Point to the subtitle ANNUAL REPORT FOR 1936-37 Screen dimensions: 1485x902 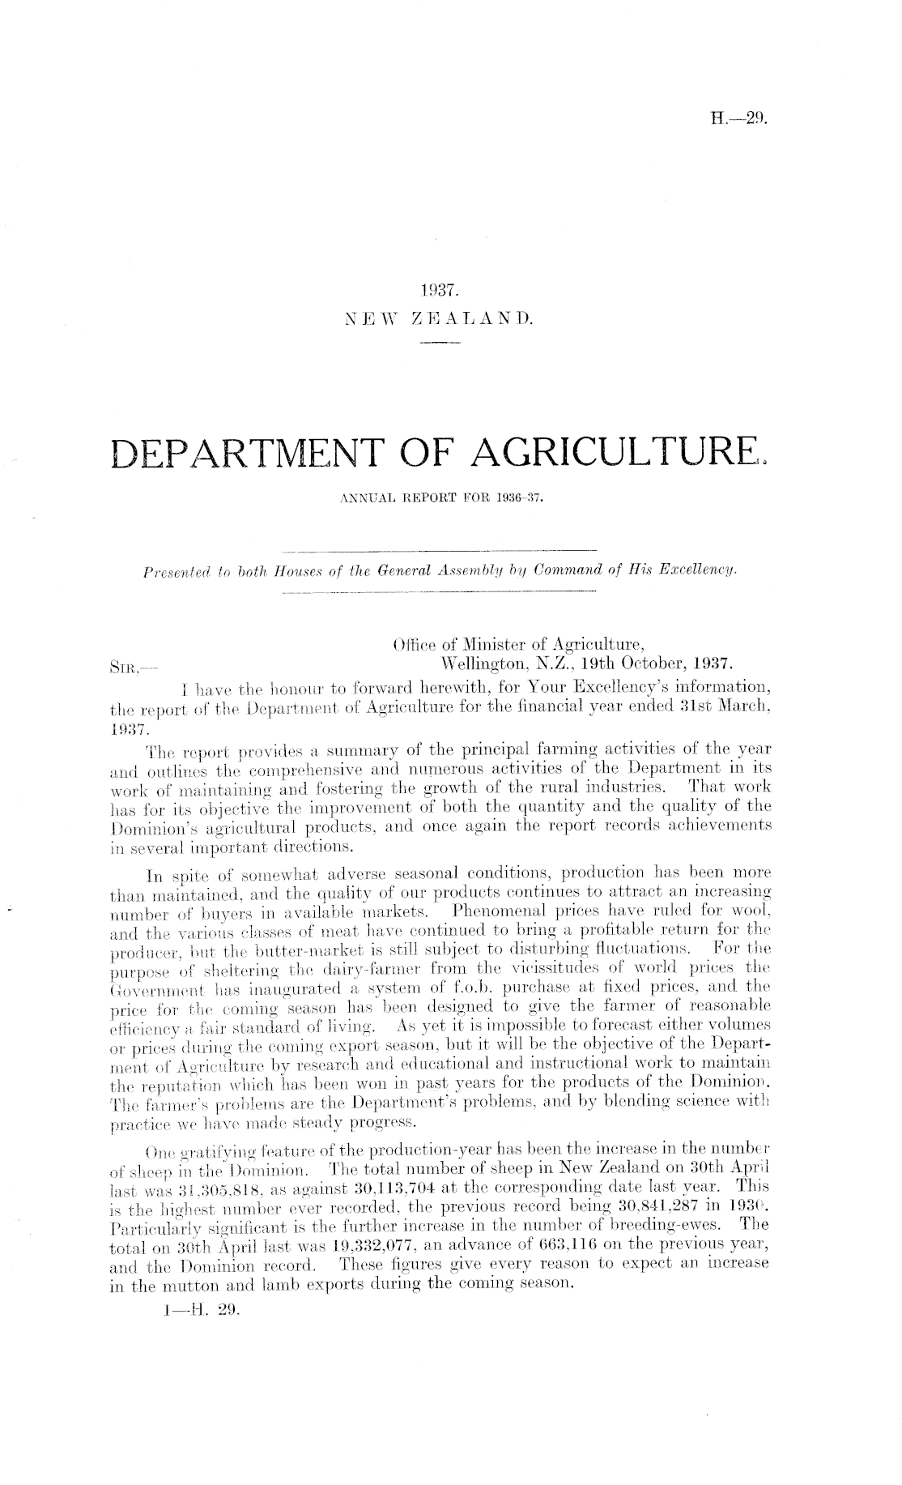pyautogui.click(x=441, y=501)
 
